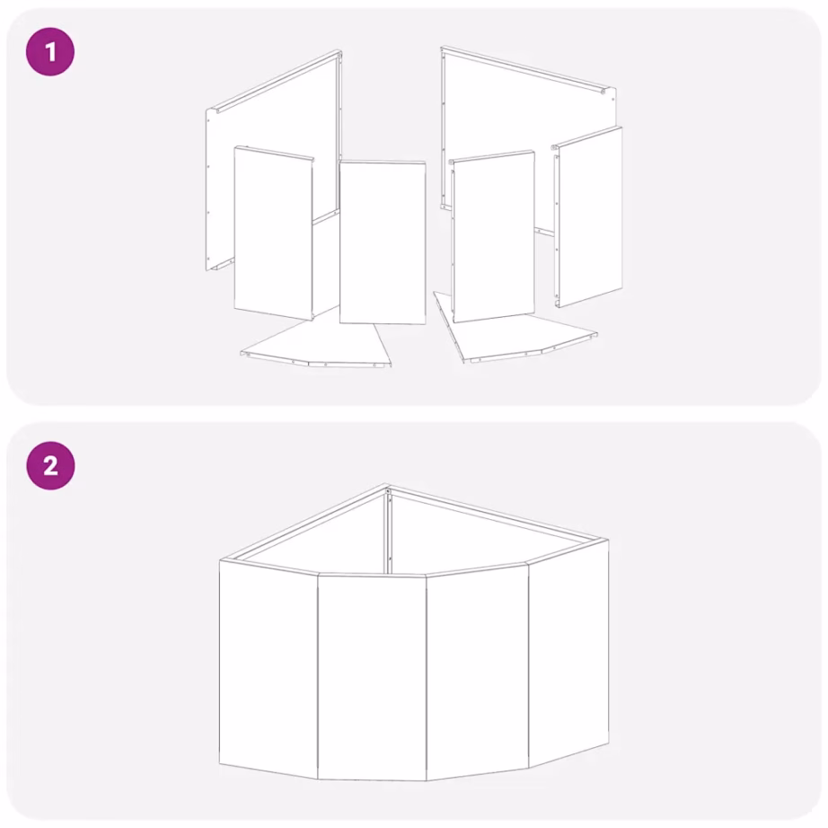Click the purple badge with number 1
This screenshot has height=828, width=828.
click(50, 52)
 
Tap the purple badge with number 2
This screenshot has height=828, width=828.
click(50, 466)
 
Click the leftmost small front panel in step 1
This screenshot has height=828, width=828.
click(274, 233)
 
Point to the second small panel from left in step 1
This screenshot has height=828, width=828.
click(383, 242)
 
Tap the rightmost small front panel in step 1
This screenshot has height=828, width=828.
click(587, 216)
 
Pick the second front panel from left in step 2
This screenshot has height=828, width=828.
click(372, 677)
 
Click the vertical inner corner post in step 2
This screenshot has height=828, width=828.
click(389, 532)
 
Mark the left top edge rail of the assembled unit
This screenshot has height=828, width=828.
click(304, 523)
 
